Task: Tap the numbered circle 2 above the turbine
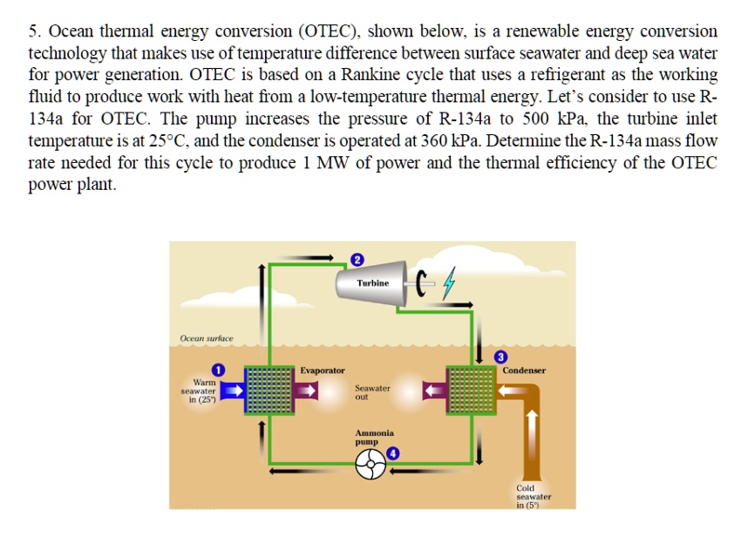point(356,258)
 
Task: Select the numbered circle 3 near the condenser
point(500,356)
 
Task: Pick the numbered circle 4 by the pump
point(393,453)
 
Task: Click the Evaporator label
point(323,371)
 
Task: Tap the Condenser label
point(524,371)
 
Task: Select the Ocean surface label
point(207,337)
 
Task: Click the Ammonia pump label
point(374,438)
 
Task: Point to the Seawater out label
point(372,391)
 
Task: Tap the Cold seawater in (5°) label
point(533,496)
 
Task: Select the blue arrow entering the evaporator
point(231,391)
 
